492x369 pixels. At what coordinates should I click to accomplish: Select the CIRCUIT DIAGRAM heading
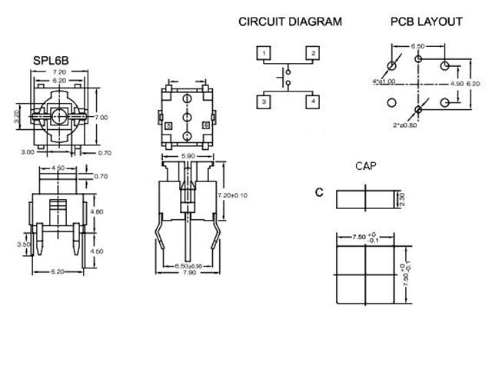click(x=289, y=22)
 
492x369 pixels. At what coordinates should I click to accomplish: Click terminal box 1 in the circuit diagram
click(x=264, y=53)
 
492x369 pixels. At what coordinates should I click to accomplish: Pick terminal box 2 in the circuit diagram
click(x=312, y=53)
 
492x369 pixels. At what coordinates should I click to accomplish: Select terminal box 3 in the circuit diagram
click(x=264, y=101)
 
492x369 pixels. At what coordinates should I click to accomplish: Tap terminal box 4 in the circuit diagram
click(x=312, y=101)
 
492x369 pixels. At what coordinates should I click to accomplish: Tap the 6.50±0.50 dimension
click(x=188, y=265)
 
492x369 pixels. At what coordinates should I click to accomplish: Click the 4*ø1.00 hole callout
click(x=383, y=81)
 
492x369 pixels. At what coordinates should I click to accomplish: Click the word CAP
click(x=364, y=165)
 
